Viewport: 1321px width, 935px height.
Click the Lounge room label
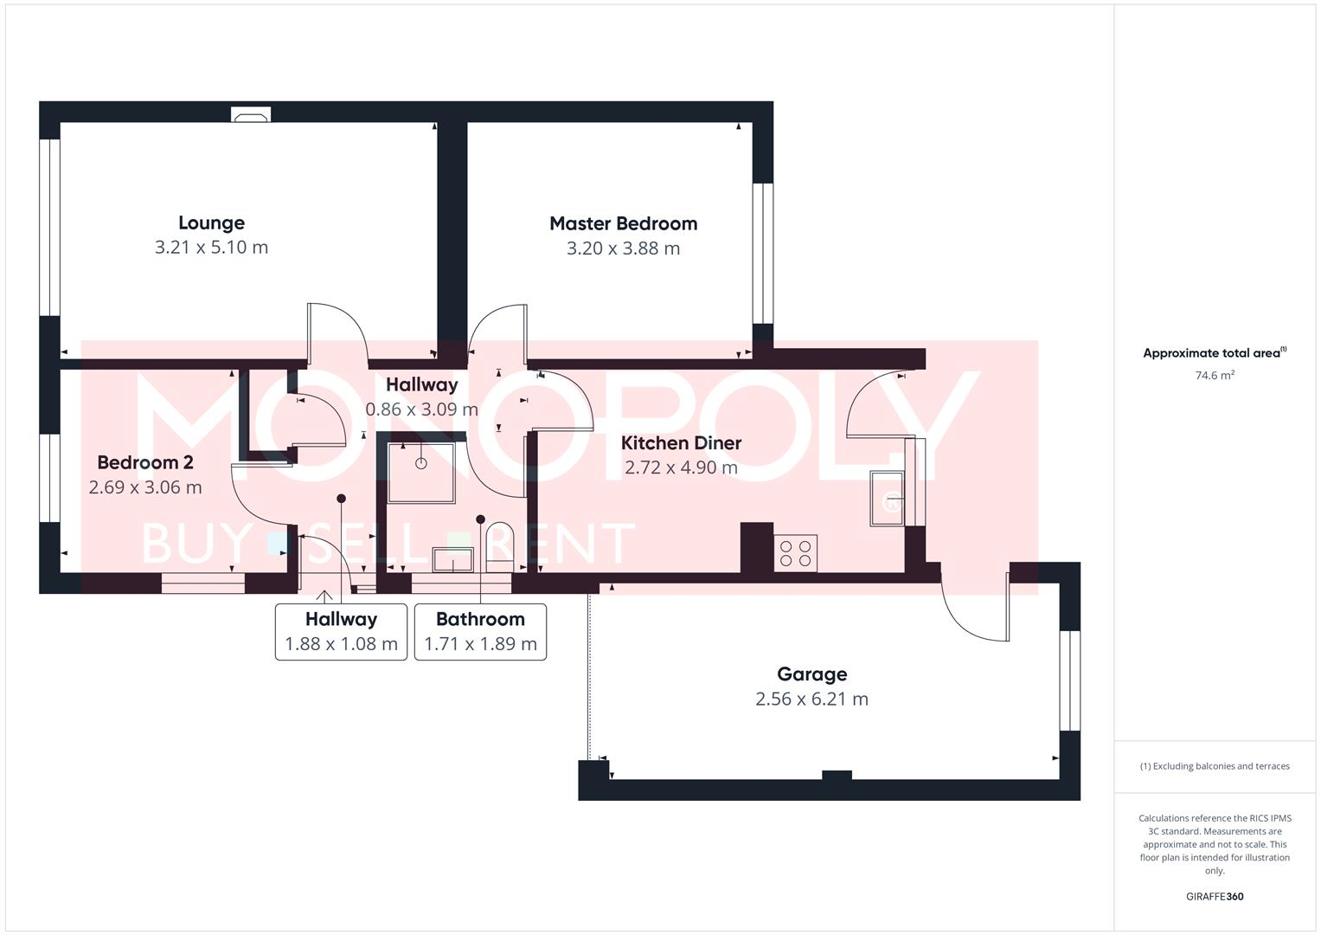click(x=211, y=223)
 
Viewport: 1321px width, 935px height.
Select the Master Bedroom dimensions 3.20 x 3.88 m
click(x=623, y=248)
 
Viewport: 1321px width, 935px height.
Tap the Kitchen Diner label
click(x=681, y=443)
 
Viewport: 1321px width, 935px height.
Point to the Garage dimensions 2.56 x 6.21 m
click(x=811, y=699)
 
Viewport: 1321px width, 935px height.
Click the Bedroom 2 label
click(x=144, y=462)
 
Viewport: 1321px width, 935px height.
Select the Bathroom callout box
click(x=480, y=632)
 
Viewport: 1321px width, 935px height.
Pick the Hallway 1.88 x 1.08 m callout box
click(x=341, y=632)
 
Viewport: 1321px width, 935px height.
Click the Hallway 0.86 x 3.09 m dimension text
click(x=421, y=409)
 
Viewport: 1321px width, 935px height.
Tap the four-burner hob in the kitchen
click(x=795, y=553)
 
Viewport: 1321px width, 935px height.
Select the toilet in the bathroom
click(x=500, y=547)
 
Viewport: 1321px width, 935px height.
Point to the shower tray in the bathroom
click(x=421, y=473)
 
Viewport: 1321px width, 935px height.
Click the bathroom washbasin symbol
click(x=452, y=559)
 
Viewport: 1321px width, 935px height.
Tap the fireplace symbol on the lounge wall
click(x=251, y=114)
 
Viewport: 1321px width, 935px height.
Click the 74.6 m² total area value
click(x=1214, y=376)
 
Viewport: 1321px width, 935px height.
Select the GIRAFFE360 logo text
click(x=1214, y=896)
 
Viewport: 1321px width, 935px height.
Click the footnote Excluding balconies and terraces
click(x=1214, y=766)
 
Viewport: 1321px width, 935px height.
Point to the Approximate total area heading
click(x=1214, y=353)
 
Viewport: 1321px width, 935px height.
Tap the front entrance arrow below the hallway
click(x=325, y=596)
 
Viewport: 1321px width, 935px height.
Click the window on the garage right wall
click(x=1070, y=680)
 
